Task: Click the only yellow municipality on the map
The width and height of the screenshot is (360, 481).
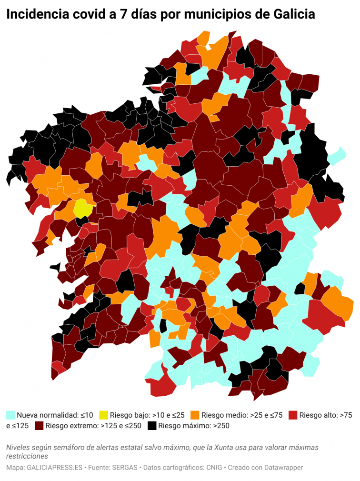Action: [82, 208]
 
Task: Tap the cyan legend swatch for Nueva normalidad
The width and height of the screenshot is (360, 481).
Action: [10, 415]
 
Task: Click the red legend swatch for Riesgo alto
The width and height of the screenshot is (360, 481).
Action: [293, 415]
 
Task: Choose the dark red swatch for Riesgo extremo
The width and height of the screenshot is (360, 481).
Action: [39, 426]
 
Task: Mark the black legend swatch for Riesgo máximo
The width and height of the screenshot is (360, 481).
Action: [152, 426]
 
